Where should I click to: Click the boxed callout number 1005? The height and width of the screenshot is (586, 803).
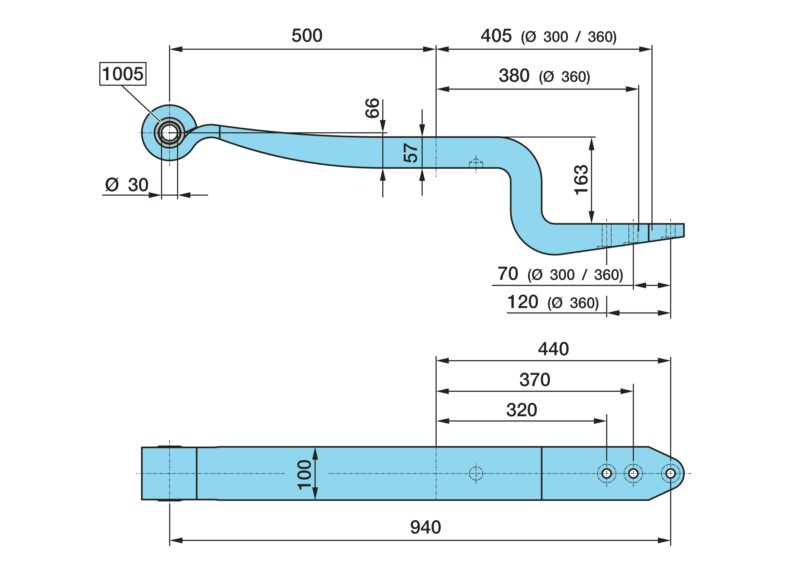pyautogui.click(x=122, y=74)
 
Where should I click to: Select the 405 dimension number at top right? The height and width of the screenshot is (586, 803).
pyautogui.click(x=496, y=36)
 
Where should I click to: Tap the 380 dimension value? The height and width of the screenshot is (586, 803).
pyautogui.click(x=514, y=76)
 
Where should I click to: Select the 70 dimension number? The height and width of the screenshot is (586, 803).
pyautogui.click(x=508, y=274)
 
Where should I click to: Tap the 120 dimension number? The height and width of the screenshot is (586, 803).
pyautogui.click(x=523, y=302)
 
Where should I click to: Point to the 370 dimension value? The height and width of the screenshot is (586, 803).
pyautogui.click(x=535, y=380)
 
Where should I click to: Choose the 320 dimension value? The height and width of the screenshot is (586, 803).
pyautogui.click(x=522, y=410)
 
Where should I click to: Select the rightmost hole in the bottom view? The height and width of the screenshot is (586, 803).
pyautogui.click(x=670, y=473)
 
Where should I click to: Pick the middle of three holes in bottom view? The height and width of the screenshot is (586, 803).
pyautogui.click(x=633, y=473)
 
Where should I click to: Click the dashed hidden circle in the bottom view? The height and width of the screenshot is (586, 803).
pyautogui.click(x=476, y=473)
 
